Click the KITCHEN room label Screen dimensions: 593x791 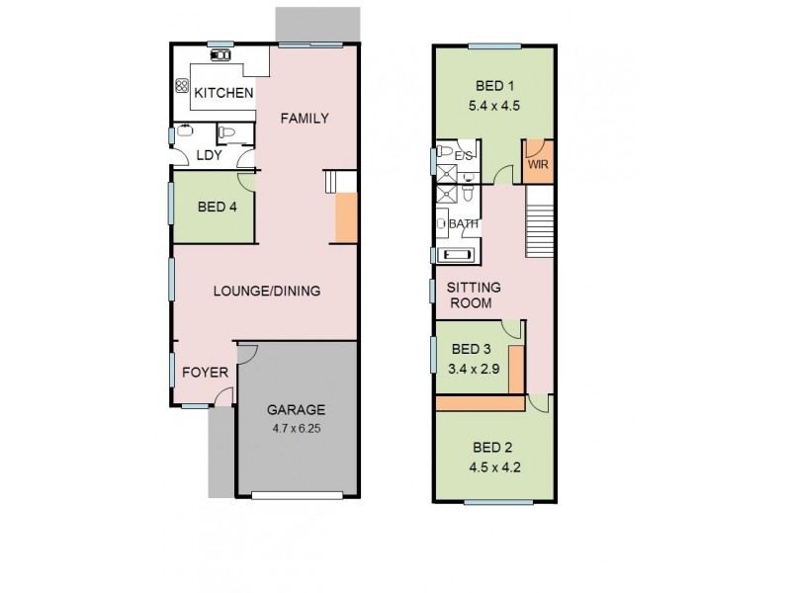[x=223, y=93]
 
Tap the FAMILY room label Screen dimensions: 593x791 [x=304, y=119]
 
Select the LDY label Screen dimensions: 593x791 [x=209, y=155]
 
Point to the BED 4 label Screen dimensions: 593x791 [x=217, y=208]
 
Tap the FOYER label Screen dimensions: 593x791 [x=206, y=373]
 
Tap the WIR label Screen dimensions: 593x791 [x=538, y=166]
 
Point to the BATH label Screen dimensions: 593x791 [x=464, y=224]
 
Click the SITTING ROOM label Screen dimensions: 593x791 [x=475, y=295]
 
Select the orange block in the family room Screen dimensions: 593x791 [x=346, y=218]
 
